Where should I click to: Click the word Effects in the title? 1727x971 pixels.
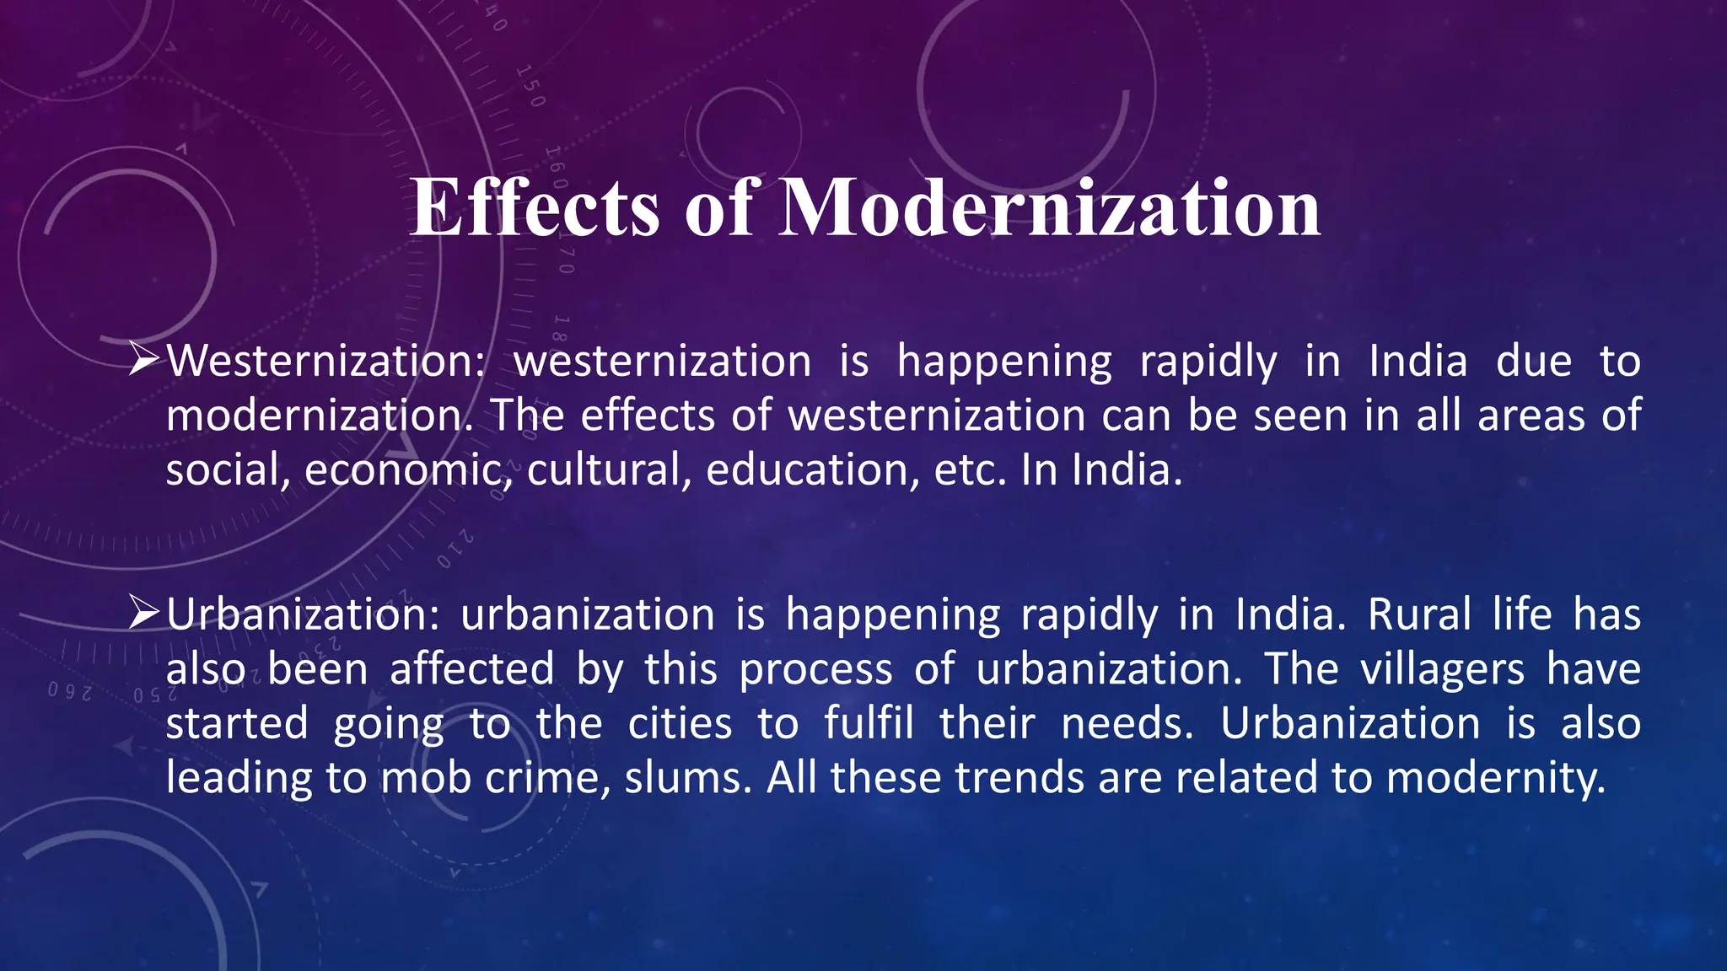(x=535, y=208)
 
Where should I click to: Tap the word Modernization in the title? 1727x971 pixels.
(x=1049, y=208)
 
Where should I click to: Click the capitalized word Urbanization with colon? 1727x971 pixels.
(x=303, y=614)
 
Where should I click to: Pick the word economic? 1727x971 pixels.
(x=408, y=469)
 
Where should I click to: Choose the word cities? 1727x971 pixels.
(x=680, y=724)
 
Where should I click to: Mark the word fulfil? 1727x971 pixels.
(x=869, y=724)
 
